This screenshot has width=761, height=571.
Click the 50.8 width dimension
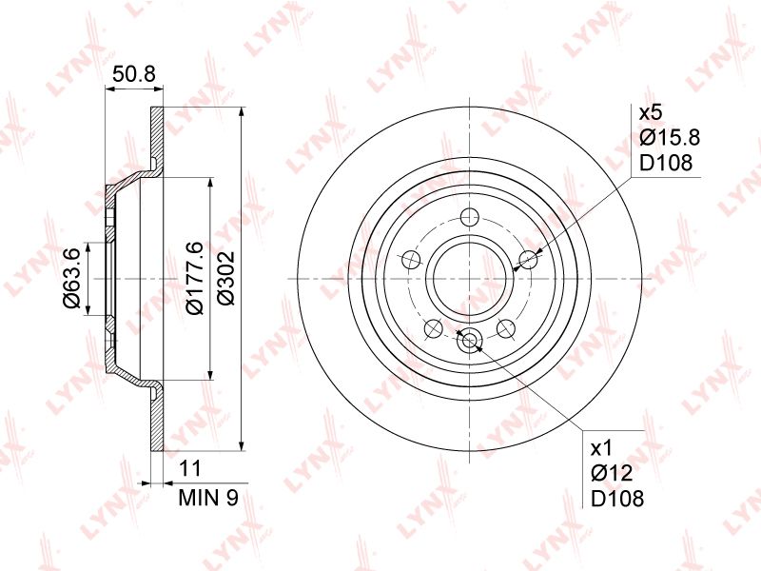tap(133, 74)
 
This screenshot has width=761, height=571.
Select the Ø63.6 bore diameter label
tap(71, 277)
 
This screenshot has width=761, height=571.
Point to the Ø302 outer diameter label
tap(225, 278)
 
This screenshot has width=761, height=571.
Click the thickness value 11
tap(189, 468)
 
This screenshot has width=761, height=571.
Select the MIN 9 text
tap(208, 498)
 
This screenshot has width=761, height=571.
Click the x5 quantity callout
tap(651, 113)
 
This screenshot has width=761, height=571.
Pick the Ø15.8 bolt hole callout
tap(670, 138)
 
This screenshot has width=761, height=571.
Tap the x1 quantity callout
tap(602, 448)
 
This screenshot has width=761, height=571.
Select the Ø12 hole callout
tap(612, 473)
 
